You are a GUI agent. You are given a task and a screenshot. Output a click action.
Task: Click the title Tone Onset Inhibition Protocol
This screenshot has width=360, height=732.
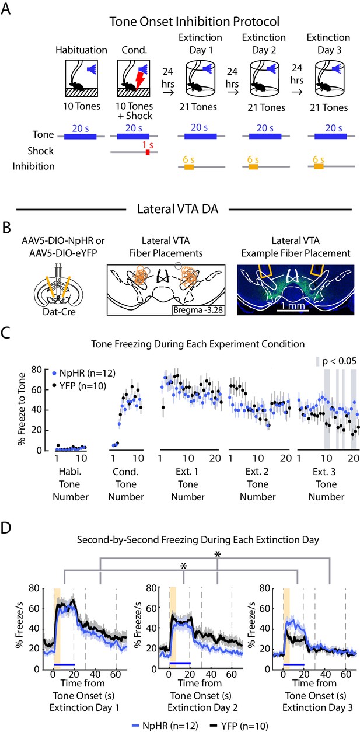[x=194, y=22]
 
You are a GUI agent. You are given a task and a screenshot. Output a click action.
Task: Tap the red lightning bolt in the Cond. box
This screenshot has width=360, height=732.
[x=140, y=81]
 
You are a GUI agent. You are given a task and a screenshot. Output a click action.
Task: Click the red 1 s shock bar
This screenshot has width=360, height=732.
[x=148, y=152]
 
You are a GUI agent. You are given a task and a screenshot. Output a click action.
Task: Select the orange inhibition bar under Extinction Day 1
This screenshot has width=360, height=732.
[x=189, y=167]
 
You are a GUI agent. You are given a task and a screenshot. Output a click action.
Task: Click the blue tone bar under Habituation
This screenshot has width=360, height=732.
[x=80, y=137]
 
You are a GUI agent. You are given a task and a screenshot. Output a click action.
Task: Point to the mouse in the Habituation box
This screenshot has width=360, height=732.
[x=77, y=86]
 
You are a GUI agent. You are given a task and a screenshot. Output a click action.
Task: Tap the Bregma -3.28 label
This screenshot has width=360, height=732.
[x=198, y=310]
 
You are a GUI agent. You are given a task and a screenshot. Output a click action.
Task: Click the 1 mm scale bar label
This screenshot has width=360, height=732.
[x=293, y=305]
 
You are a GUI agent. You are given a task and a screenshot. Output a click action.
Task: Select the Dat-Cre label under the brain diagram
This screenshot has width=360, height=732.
[x=59, y=312]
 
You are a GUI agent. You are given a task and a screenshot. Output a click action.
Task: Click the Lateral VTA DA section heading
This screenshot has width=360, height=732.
[x=177, y=209]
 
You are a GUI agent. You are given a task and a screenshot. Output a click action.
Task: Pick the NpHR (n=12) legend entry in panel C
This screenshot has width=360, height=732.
[x=84, y=373]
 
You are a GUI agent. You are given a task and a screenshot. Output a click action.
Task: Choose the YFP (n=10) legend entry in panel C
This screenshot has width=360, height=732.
[x=80, y=386]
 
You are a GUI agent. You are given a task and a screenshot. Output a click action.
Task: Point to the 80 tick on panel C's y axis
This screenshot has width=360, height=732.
[x=37, y=370]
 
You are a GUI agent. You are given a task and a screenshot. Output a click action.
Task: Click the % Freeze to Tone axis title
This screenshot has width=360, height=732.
[x=22, y=409]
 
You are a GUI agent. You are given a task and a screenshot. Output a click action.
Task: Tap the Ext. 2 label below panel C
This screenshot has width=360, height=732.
[x=257, y=472]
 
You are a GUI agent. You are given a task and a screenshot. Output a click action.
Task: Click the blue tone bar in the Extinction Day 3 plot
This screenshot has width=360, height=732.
[x=293, y=665]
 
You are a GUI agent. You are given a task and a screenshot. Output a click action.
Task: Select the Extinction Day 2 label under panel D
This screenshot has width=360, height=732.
[x=202, y=708]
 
